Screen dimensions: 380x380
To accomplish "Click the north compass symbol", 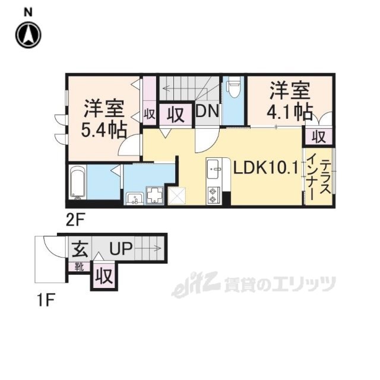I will coord(28,35).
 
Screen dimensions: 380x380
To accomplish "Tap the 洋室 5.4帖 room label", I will coord(103,118).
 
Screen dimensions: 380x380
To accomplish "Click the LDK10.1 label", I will coord(265,168).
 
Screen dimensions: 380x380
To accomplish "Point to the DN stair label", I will coord(207,112).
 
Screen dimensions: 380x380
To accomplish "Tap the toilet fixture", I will coord(233,89).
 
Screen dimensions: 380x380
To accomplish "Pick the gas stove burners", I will coord(214,195).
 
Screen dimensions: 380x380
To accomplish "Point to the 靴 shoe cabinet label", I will coord(78,267).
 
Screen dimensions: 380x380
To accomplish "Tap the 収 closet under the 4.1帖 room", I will coord(318,137).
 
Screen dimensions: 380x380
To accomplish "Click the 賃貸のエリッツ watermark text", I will coord(279,286).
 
